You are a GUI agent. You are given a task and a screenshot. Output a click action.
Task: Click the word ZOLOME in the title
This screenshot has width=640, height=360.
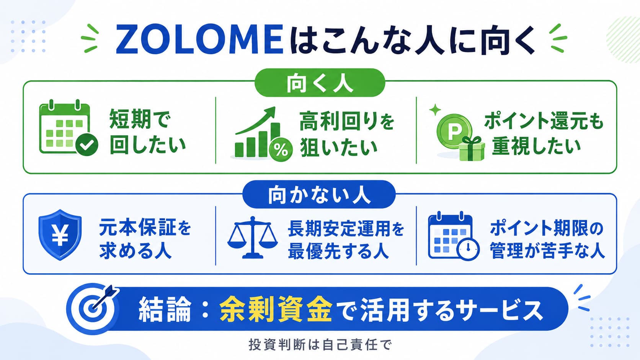(x=199, y=40)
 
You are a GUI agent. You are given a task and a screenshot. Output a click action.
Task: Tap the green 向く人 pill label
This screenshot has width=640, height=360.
(x=320, y=83)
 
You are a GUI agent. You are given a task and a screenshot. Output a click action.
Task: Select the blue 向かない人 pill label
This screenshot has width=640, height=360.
(x=319, y=194)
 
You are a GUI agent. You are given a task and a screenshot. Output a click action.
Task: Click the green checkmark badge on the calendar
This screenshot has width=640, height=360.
(x=87, y=145)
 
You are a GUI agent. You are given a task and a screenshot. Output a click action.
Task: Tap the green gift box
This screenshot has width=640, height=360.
(x=472, y=149)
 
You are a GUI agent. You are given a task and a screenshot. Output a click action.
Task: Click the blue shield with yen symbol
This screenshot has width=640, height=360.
(x=60, y=235)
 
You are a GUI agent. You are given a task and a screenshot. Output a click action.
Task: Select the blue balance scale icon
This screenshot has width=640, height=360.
(x=252, y=238)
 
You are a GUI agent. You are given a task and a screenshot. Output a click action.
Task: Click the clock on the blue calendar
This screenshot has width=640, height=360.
(x=468, y=249)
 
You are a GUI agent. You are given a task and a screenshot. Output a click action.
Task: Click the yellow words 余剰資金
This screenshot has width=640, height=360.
(x=276, y=309)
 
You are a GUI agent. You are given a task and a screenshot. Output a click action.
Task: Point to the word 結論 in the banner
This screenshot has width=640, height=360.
(x=165, y=310)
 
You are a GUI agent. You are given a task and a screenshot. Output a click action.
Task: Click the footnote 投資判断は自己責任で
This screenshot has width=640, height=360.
(x=320, y=345)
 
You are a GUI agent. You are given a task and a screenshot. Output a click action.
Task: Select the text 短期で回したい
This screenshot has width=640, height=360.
(x=148, y=132)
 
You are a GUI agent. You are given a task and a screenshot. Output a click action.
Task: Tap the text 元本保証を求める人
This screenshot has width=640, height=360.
(x=145, y=239)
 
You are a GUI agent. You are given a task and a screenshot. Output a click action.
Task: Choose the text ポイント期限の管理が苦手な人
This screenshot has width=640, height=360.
(x=547, y=239)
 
